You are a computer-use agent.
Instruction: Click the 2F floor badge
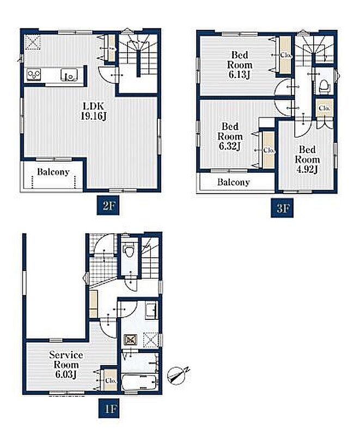tap(108, 205)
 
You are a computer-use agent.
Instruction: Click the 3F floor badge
tap(282, 208)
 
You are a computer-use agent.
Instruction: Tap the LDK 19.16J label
tap(94, 111)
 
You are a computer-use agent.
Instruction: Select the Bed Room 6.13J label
tap(240, 65)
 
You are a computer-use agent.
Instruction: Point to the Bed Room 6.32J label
tap(230, 136)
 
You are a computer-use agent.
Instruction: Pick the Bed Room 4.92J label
tap(307, 159)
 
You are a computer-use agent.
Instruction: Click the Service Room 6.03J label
tap(66, 365)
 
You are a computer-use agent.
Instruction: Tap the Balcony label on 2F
tap(53, 172)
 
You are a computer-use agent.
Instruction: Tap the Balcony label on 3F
tap(233, 182)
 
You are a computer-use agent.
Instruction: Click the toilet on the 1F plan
tap(129, 250)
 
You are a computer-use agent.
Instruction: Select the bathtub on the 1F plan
tap(140, 383)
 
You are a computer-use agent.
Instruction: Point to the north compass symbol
tap(176, 376)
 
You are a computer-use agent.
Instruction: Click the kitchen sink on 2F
tap(69, 75)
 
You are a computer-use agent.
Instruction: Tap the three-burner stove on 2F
tap(34, 75)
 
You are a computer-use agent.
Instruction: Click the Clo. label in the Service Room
tap(111, 380)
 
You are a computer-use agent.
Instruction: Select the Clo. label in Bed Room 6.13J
tap(285, 55)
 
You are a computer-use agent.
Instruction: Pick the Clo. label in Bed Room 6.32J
tap(269, 150)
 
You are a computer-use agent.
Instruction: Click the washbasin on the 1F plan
tap(151, 311)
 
